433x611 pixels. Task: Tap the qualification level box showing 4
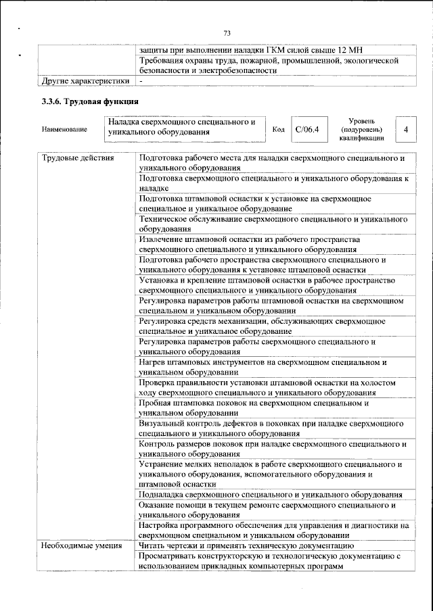coord(405,128)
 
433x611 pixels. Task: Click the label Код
coord(277,129)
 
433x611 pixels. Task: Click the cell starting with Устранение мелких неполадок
coord(271,474)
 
